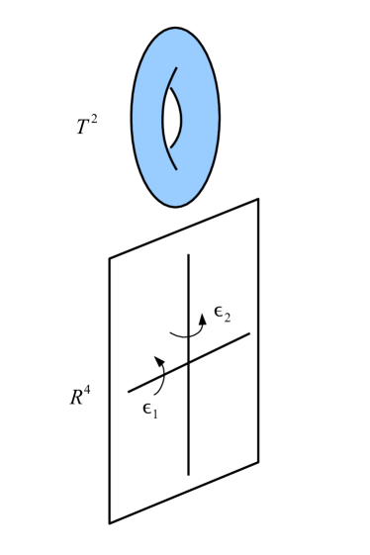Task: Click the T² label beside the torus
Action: coord(86,126)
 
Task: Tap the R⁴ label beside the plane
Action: coord(80,397)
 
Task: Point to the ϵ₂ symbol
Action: coord(222,316)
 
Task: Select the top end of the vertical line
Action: coord(189,255)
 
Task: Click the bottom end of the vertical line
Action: coord(189,474)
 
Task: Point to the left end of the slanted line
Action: coord(129,392)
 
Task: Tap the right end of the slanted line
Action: coord(249,333)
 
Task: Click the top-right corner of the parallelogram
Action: coord(258,200)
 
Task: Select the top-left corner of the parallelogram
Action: coord(110,259)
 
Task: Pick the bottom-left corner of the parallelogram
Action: coord(110,522)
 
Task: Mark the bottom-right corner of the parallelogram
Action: coord(258,462)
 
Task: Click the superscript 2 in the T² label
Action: coord(93,119)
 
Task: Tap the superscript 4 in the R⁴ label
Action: coord(88,390)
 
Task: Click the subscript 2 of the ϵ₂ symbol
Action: coord(228,320)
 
